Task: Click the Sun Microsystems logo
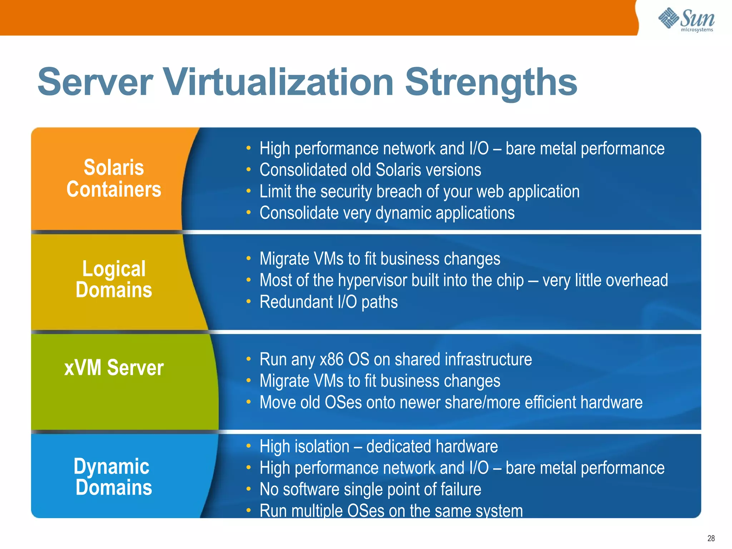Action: tap(686, 20)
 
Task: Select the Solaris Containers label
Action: tap(114, 178)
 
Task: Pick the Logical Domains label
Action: tap(114, 279)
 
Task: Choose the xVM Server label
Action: tap(114, 367)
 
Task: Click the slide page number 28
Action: tap(711, 538)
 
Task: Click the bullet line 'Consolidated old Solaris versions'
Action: tap(370, 170)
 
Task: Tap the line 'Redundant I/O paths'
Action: tap(328, 302)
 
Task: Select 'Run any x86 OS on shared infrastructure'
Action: tap(395, 359)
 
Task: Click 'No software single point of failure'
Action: tap(370, 489)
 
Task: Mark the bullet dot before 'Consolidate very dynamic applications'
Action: tap(248, 213)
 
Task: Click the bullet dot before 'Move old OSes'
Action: tap(248, 402)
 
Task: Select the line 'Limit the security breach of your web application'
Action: tap(419, 192)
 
